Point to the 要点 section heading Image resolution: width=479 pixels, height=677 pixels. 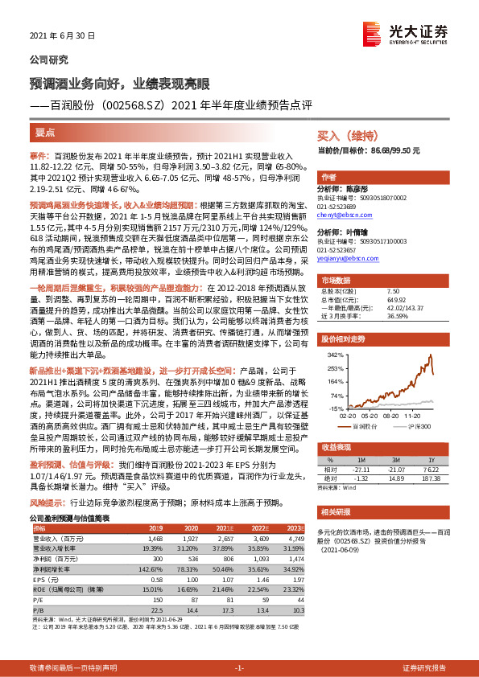click(x=47, y=130)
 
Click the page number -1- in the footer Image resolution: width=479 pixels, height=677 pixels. click(x=239, y=668)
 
